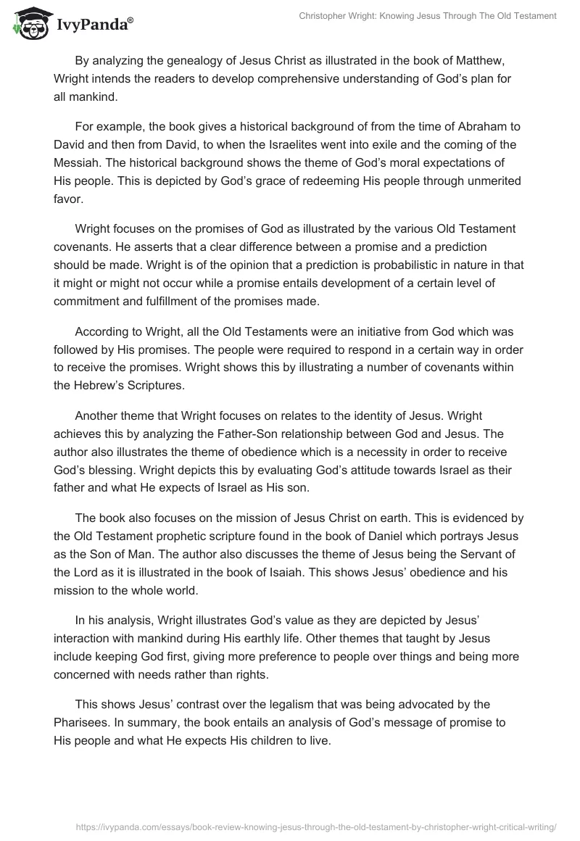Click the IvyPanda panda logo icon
[29, 24]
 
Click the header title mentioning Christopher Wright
[428, 16]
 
